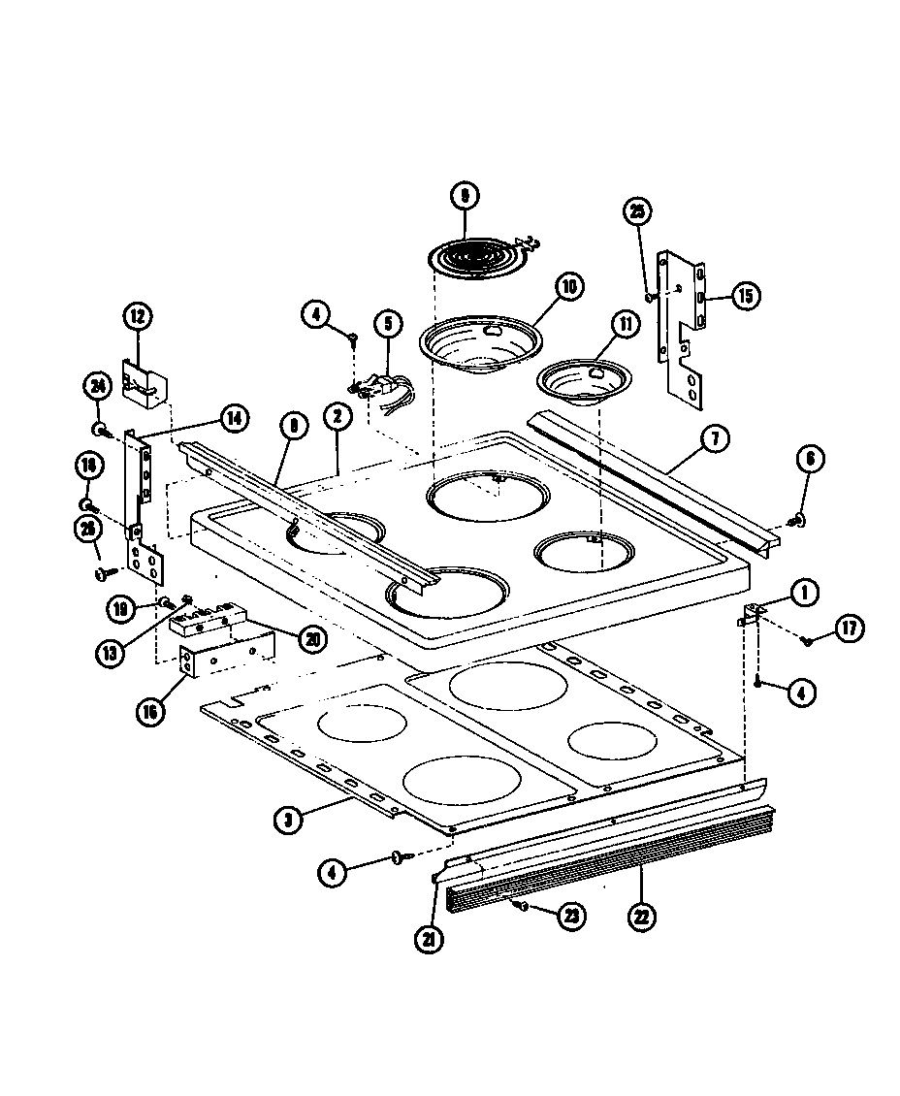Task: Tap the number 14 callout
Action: tap(233, 418)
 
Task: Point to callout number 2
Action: tap(337, 418)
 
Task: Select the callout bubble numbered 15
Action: tap(744, 296)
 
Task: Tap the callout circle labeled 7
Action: tap(714, 439)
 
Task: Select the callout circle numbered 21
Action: tap(428, 938)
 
